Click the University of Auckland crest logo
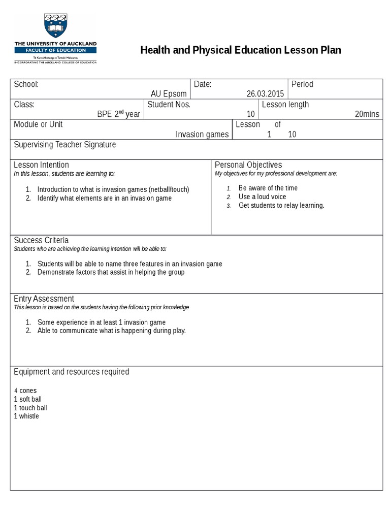click(55, 26)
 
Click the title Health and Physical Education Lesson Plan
click(240, 50)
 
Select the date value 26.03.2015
click(266, 94)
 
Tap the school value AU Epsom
click(169, 94)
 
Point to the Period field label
click(302, 84)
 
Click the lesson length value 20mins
click(367, 114)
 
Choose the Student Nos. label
click(169, 105)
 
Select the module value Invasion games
click(202, 135)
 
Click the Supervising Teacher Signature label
click(64, 145)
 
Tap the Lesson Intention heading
click(41, 165)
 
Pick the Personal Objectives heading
click(248, 165)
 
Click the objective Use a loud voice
click(262, 197)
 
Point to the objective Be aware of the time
click(268, 188)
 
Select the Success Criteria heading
click(41, 240)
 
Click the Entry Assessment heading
click(44, 299)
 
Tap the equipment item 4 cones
click(25, 391)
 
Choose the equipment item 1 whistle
click(26, 416)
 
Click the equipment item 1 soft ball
click(27, 399)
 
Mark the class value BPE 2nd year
click(118, 114)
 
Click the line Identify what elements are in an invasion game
click(104, 198)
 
